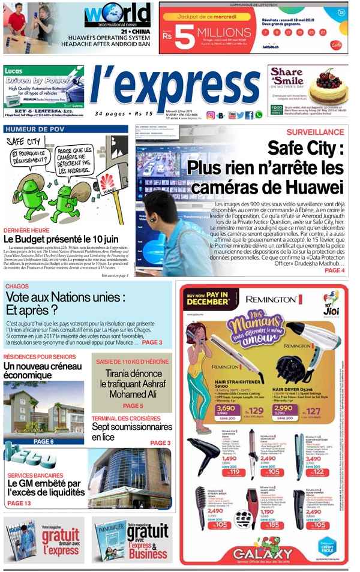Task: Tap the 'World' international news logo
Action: [117, 14]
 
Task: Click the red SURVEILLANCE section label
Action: [314, 132]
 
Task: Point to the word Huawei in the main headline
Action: [308, 186]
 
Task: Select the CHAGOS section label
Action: [17, 287]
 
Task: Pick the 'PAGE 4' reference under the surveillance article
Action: [334, 270]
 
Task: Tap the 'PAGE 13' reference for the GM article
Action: [19, 503]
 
